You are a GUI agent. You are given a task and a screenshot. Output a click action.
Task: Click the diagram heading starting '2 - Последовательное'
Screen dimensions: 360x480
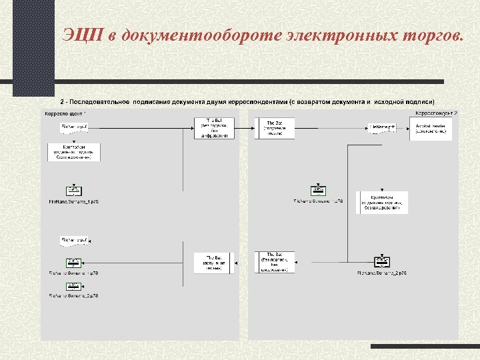click(x=247, y=102)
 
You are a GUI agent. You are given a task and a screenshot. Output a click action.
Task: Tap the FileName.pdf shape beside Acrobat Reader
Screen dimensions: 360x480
click(x=382, y=127)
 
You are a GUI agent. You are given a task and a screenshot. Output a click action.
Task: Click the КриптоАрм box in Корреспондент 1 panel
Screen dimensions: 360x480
click(x=74, y=153)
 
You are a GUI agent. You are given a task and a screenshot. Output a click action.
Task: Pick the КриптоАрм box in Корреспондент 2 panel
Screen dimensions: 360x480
click(x=381, y=203)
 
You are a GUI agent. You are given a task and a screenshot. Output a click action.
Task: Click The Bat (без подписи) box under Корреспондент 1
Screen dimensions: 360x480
click(x=215, y=128)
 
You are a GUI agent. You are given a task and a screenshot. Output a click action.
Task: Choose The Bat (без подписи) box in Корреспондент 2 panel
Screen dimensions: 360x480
click(x=275, y=262)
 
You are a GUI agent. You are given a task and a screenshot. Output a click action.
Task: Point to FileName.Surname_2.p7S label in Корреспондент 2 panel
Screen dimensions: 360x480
click(x=383, y=273)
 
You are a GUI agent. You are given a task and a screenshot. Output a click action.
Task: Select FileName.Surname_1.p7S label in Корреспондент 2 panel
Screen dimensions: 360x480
click(x=318, y=201)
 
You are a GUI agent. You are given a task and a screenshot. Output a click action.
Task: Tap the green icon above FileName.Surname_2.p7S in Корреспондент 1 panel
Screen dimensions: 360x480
click(x=73, y=285)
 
